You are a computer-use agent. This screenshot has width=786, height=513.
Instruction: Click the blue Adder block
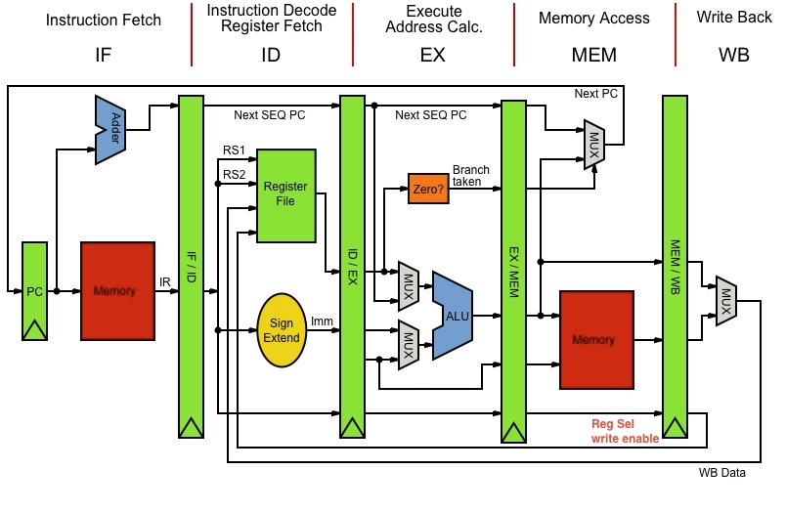[x=114, y=128]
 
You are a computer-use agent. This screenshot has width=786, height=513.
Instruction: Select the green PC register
[x=35, y=291]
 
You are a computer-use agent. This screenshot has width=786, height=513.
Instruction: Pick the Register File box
[x=285, y=194]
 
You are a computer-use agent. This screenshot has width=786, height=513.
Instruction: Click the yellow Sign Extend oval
[x=282, y=329]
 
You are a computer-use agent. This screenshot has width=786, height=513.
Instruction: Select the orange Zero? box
[x=428, y=189]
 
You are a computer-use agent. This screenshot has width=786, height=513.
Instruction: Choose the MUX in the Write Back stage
[x=725, y=296]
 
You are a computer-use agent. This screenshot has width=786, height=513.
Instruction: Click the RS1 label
[x=235, y=152]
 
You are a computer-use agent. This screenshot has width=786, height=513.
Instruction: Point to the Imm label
[x=322, y=321]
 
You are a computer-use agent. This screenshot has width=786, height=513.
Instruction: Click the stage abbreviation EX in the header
[x=433, y=55]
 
